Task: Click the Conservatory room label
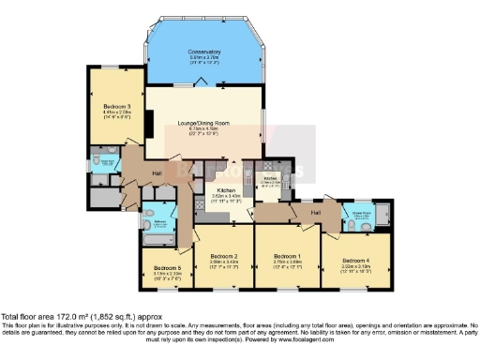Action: (203, 52)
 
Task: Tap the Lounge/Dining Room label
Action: (202, 122)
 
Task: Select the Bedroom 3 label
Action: (116, 107)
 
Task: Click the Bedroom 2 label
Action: (222, 256)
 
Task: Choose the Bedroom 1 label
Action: (286, 256)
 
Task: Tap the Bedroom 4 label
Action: (355, 259)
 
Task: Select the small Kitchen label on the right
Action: (271, 177)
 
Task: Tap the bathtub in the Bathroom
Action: (154, 243)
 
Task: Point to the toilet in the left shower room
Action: (100, 161)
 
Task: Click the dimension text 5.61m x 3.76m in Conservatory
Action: (203, 58)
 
